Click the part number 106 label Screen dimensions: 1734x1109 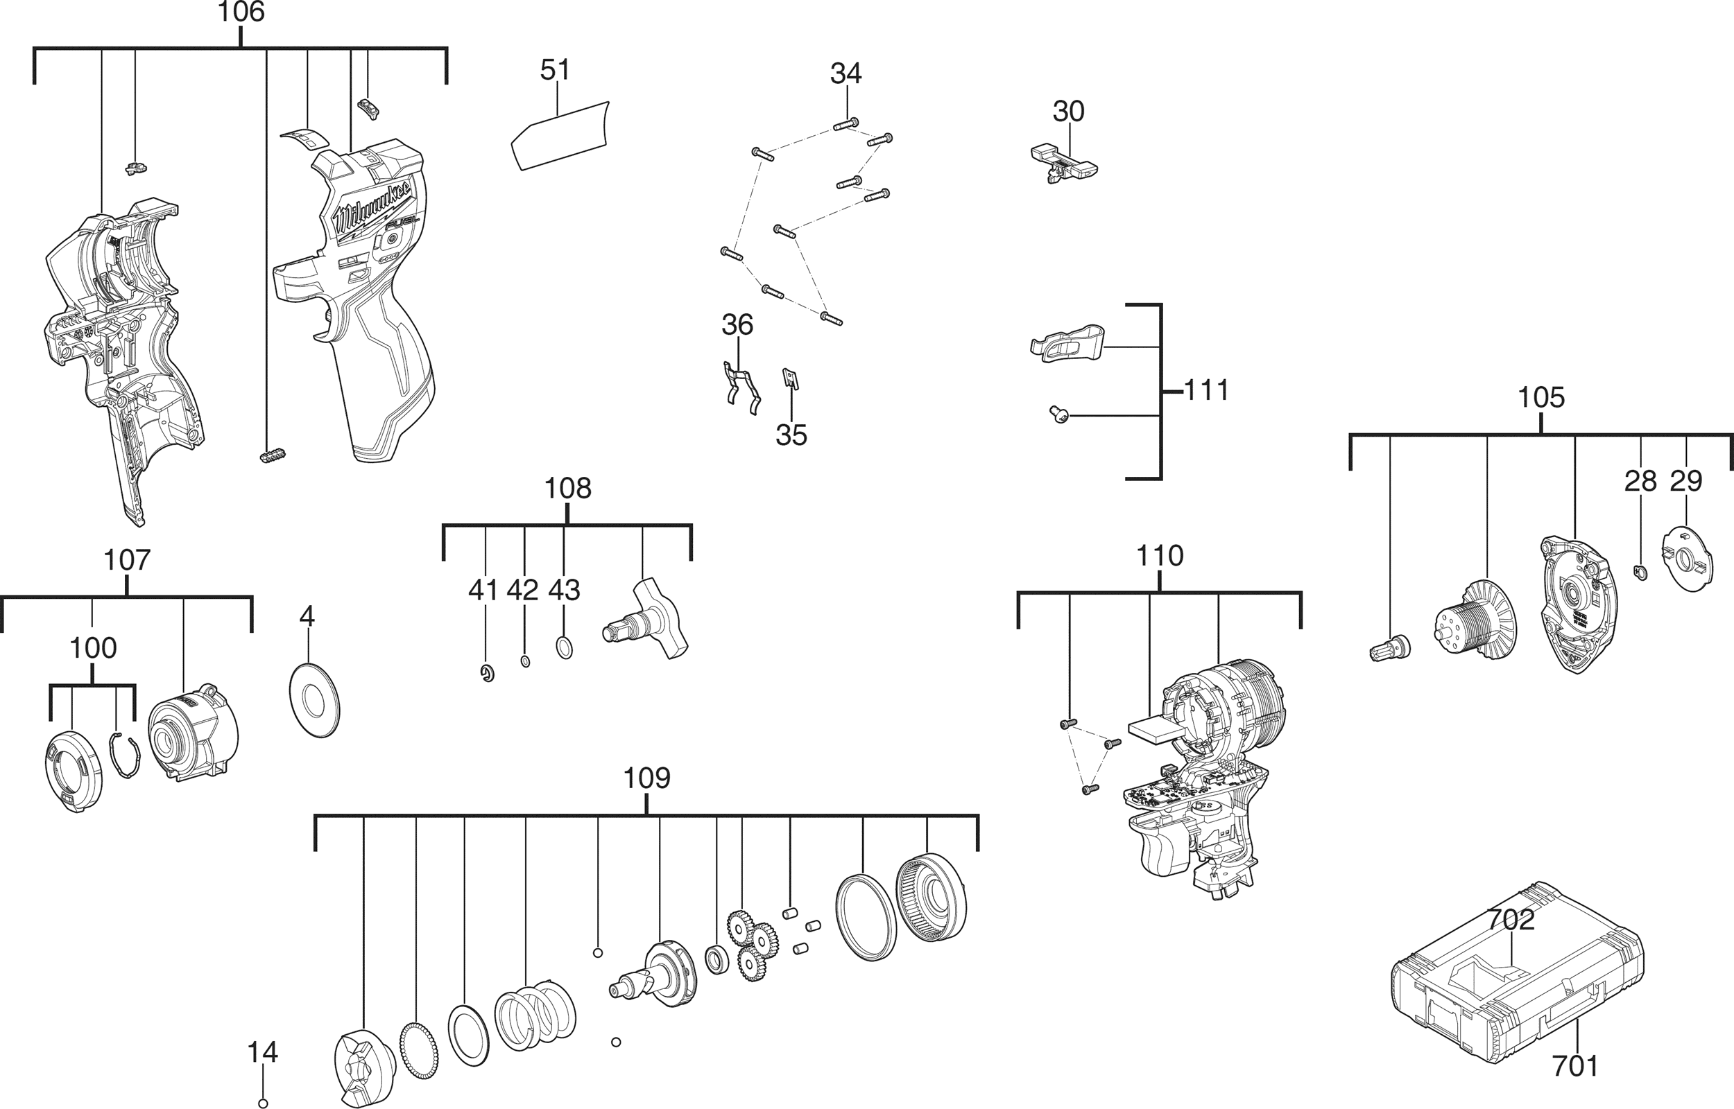(241, 12)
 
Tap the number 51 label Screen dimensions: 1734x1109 (555, 70)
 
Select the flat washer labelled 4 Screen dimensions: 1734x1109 (314, 699)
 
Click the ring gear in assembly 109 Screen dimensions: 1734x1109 (930, 898)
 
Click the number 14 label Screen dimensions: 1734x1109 (262, 1052)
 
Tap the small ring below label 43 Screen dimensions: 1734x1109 (565, 647)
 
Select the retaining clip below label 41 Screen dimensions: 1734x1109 (488, 673)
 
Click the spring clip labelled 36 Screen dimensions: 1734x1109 (741, 387)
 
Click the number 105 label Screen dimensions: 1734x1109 (1541, 398)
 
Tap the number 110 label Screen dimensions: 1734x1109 (1159, 556)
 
